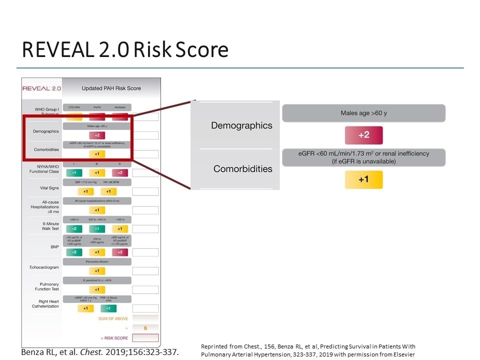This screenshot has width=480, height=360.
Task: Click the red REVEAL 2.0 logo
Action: pos(41,88)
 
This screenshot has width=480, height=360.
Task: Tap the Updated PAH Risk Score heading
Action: pos(111,88)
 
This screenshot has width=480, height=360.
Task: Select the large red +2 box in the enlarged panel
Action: pos(363,135)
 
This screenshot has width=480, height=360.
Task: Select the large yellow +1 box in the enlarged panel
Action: pos(363,179)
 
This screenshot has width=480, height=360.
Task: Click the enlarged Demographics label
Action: pos(241,125)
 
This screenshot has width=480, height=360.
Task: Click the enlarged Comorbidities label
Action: pos(243,169)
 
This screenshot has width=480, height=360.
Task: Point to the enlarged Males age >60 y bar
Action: pos(363,113)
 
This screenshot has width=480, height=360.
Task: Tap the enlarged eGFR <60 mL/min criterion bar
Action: pos(363,157)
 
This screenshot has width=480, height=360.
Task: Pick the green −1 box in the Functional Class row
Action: pos(74,172)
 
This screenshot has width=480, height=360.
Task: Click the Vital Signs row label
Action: pos(49,188)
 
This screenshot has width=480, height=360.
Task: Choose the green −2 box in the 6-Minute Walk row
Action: pos(74,228)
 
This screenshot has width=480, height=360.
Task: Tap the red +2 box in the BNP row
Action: pos(120,252)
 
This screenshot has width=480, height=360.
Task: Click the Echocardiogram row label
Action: pos(44,267)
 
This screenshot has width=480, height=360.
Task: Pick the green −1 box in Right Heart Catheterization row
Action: pos(108,308)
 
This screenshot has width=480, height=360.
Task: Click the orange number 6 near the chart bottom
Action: pos(145,328)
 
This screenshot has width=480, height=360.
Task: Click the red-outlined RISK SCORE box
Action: pos(145,338)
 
